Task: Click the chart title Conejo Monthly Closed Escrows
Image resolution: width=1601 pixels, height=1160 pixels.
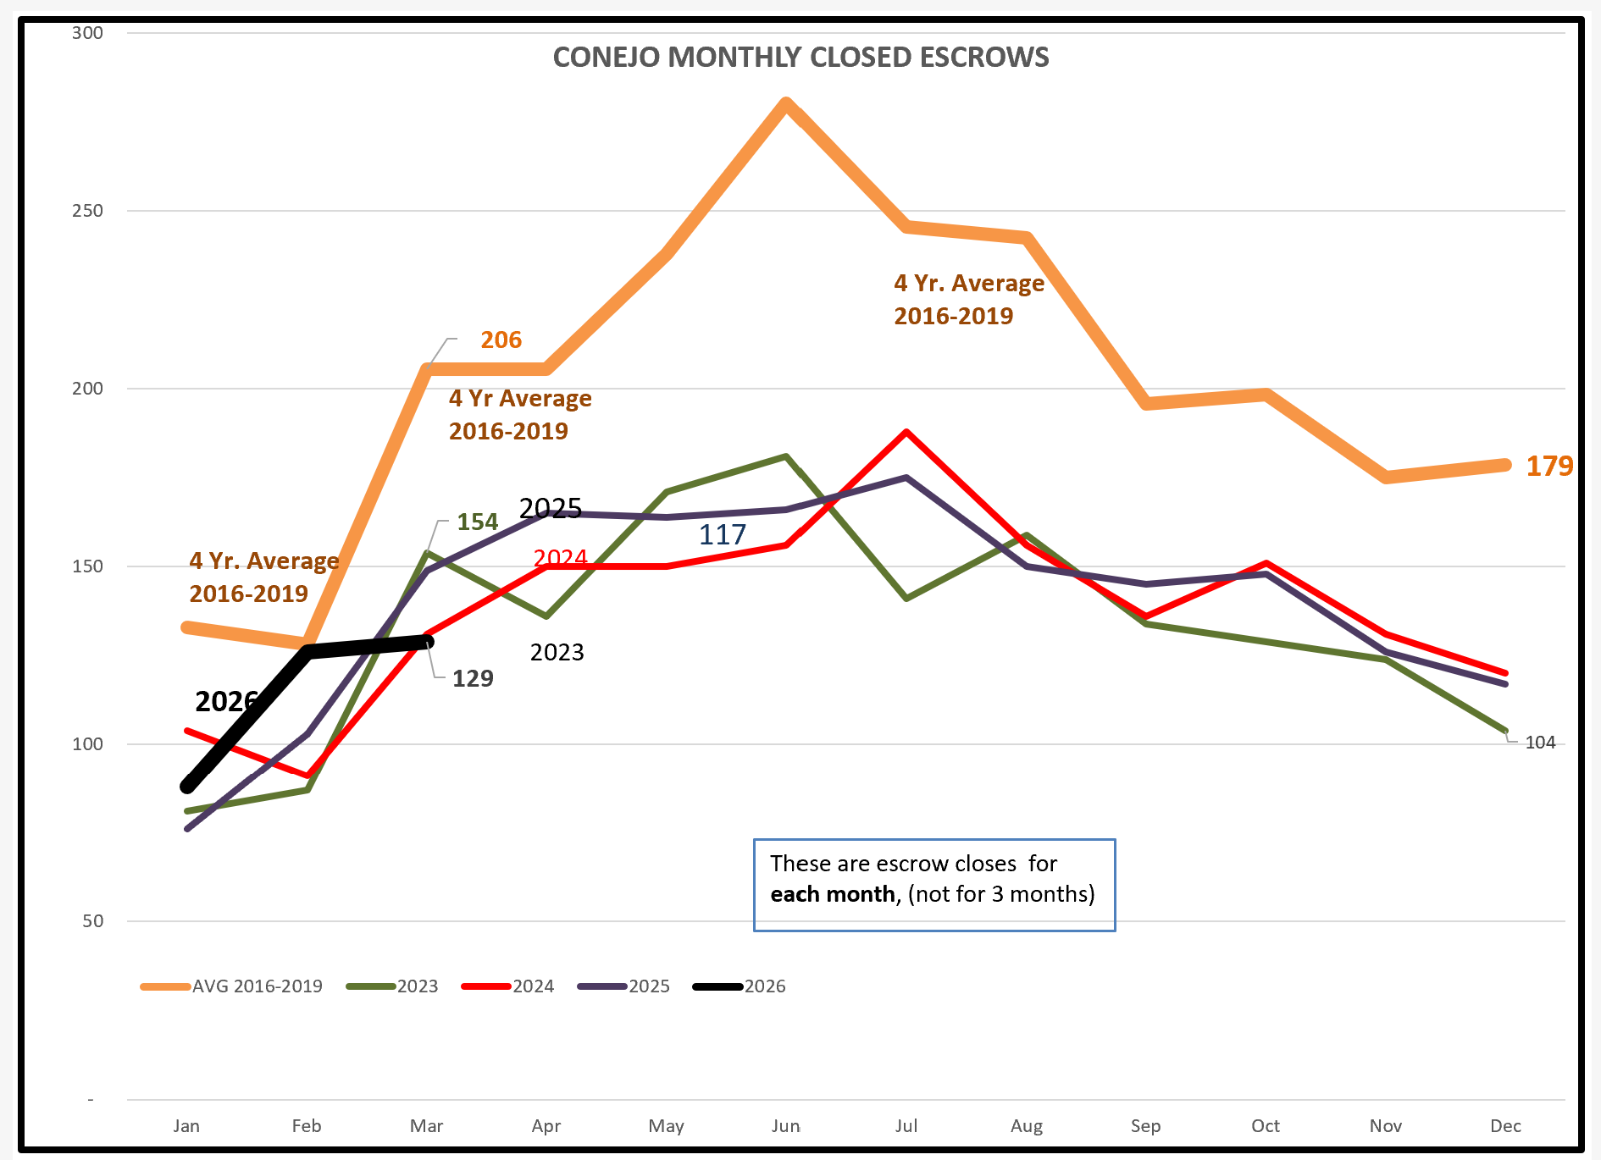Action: [800, 57]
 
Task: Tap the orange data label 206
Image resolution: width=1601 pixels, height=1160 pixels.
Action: [501, 340]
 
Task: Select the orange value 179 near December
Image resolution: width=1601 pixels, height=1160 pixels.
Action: [1549, 466]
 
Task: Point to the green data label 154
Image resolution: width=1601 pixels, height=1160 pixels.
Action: [477, 522]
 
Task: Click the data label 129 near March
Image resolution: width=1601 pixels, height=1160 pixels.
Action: [473, 678]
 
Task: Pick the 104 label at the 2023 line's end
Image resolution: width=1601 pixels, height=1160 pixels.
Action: [1540, 743]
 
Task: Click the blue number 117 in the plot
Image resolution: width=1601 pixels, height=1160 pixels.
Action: [722, 534]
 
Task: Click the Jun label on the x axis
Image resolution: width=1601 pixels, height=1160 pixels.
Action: [785, 1126]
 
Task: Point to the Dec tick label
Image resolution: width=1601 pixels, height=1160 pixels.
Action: [1505, 1126]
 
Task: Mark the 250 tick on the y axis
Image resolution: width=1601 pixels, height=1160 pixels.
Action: [87, 211]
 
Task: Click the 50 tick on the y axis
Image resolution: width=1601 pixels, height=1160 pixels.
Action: [92, 921]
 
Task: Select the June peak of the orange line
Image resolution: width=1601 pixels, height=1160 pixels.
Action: [786, 104]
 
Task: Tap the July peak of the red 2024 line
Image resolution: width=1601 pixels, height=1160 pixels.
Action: [906, 432]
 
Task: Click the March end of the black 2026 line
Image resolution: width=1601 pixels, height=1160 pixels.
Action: [428, 642]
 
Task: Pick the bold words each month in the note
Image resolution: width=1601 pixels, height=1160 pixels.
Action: [832, 894]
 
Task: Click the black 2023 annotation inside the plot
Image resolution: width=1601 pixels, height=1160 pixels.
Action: [557, 652]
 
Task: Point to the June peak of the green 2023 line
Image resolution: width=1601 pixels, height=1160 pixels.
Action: [786, 456]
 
